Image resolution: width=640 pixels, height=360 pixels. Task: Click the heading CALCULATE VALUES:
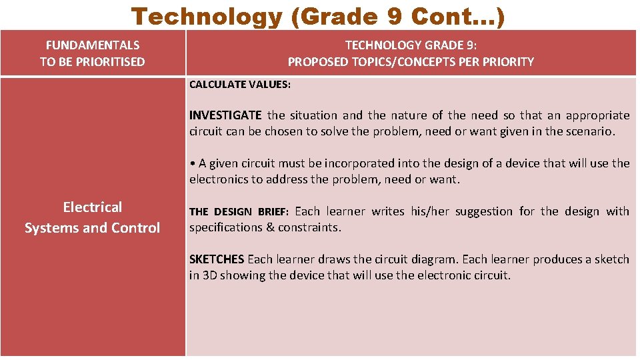(239, 85)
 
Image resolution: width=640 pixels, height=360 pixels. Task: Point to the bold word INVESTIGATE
(225, 115)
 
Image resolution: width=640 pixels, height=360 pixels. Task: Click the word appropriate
(599, 115)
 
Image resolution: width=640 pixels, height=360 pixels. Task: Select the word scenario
(589, 131)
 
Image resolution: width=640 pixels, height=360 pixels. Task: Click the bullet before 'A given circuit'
(192, 163)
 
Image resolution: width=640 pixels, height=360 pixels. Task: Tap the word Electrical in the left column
(93, 207)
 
